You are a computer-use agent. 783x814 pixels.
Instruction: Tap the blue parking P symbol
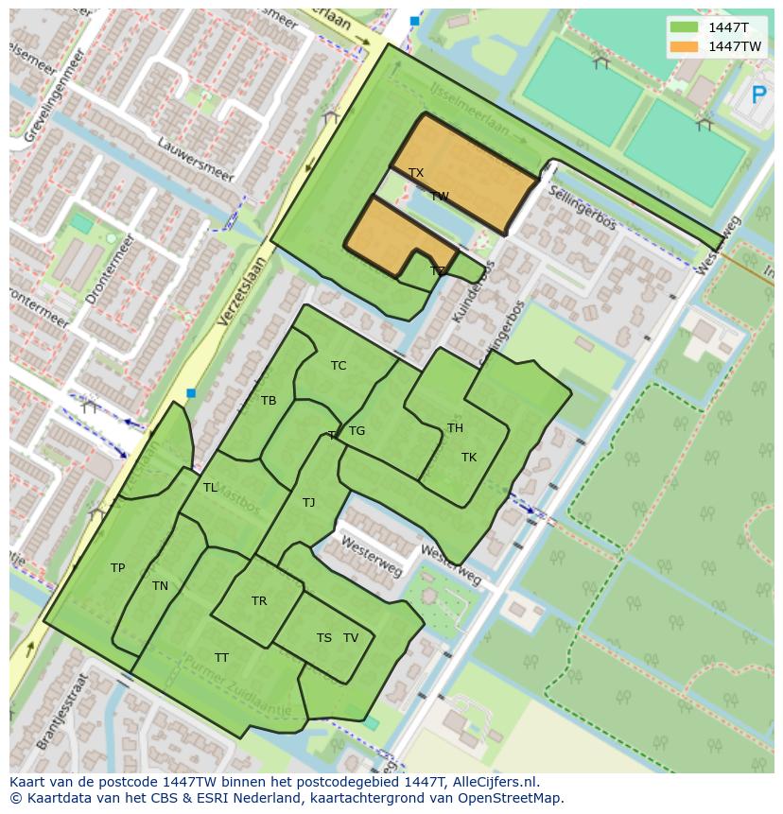(758, 95)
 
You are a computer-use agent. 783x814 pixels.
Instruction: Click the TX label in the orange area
(416, 173)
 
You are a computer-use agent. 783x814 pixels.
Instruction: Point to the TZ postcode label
(438, 271)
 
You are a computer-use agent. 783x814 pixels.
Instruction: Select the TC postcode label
(339, 366)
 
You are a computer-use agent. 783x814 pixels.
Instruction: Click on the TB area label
(269, 401)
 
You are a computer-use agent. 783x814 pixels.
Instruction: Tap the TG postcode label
(357, 431)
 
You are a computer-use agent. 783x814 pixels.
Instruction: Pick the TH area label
(455, 428)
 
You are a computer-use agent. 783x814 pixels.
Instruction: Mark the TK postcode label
(469, 458)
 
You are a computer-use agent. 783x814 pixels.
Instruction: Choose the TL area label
(210, 488)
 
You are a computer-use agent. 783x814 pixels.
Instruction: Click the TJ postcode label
(308, 503)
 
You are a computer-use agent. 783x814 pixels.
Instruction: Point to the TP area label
(117, 568)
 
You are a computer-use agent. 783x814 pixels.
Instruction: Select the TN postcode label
(160, 586)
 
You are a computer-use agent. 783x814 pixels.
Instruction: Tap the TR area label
(259, 601)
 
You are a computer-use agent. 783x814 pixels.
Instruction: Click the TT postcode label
(221, 658)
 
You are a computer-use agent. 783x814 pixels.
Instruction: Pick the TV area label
(351, 638)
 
